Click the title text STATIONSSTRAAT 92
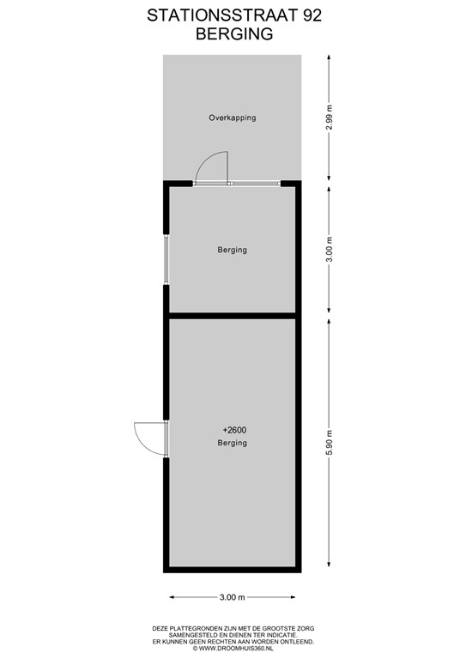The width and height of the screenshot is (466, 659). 232,15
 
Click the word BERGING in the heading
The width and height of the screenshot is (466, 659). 232,34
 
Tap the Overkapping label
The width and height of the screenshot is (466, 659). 233,118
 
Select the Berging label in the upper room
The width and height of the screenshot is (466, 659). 232,250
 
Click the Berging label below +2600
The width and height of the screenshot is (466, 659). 232,443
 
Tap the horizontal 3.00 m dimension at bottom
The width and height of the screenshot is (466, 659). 233,597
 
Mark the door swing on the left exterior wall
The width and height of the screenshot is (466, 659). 148,438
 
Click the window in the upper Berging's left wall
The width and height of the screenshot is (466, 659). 166,259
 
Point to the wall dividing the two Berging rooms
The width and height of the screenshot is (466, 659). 233,315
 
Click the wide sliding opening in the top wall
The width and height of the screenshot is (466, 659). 256,183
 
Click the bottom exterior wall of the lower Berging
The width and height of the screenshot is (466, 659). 233,570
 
